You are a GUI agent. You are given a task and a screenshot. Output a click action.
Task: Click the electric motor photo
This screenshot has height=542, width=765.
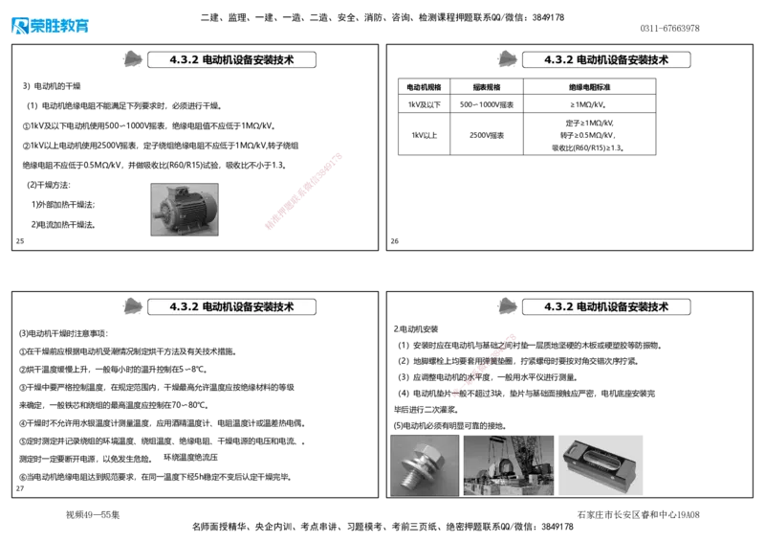[184, 207]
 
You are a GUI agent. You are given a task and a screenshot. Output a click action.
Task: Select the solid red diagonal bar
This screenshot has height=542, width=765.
[302, 191]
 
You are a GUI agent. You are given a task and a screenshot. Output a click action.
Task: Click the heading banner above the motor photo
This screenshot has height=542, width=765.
[232, 59]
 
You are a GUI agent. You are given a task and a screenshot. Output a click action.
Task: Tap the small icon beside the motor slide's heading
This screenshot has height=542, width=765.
[134, 59]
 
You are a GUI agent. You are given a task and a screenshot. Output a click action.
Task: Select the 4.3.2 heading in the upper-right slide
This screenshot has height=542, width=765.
[606, 59]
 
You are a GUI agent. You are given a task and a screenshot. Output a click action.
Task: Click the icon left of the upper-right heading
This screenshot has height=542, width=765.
[509, 59]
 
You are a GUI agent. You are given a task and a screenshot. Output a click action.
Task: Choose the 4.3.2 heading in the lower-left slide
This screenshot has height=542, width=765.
[232, 306]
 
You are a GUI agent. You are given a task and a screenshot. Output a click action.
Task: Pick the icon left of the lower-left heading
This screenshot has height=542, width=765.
[134, 306]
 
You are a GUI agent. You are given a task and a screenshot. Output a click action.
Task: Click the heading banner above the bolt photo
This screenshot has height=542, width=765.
[606, 306]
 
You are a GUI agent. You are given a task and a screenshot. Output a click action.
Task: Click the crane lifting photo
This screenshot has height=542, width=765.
[508, 463]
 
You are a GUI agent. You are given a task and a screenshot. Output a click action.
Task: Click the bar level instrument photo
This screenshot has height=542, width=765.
[602, 463]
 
